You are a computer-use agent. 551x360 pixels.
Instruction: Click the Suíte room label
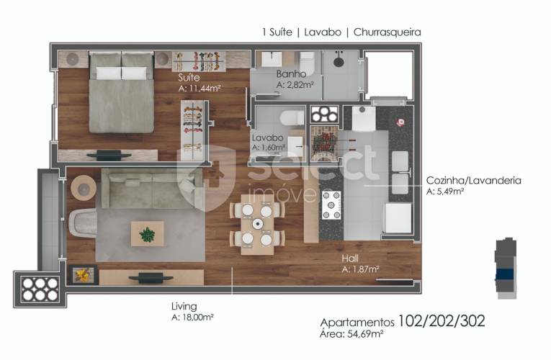pos(189,77)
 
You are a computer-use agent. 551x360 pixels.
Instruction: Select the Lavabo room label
pos(267,138)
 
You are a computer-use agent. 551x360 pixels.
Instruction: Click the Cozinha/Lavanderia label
pos(473,181)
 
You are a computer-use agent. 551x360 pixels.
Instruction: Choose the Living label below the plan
pos(184,306)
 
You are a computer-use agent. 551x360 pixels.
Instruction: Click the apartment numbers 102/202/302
pos(442,321)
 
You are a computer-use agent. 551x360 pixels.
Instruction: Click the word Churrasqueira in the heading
pos(387,32)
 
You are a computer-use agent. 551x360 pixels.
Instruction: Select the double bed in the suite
pos(122,92)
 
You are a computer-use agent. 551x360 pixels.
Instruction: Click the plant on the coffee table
pos(147,234)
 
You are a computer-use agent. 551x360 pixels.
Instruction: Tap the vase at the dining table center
pos(258,223)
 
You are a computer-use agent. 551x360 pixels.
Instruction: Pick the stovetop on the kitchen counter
pos(331,205)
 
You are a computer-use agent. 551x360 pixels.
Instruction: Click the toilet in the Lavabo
pos(292,117)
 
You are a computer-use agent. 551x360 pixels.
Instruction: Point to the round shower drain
pos(339,62)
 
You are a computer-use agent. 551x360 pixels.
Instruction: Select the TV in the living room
pos(151,278)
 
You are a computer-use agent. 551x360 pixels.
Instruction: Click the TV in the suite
pos(109,155)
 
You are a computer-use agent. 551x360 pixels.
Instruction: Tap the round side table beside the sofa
pos(84,188)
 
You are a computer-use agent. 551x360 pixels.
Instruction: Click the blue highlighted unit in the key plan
pos(505,274)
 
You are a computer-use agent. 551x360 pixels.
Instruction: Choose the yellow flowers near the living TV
pos(83,274)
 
